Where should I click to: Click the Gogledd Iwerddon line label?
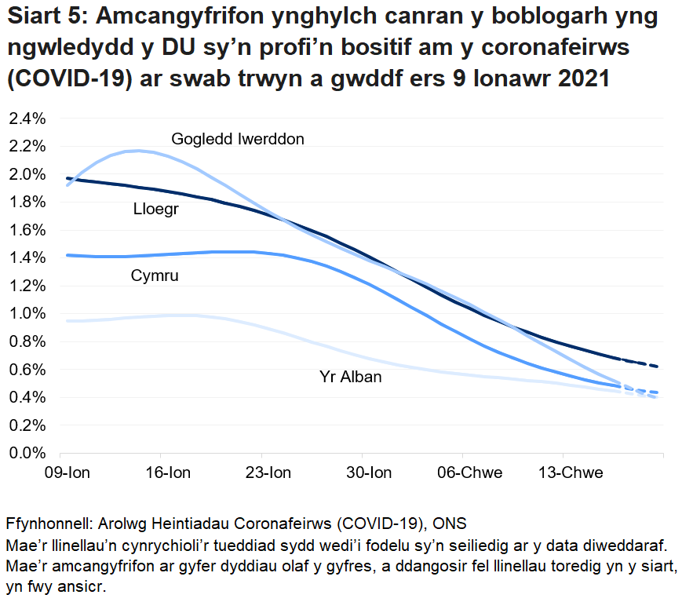pos(238,139)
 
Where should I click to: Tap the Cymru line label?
pos(155,275)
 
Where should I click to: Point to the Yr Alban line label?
pos(350,377)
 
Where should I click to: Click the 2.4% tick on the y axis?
pos(27,119)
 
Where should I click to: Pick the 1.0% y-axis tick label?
pos(27,314)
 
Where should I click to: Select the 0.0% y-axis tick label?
pos(27,453)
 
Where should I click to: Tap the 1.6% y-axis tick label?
pos(27,230)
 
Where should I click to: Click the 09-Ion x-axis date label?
pos(69,472)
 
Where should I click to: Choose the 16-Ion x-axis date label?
pos(170,472)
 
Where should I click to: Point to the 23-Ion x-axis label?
pos(270,472)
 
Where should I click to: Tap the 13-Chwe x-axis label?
pos(571,472)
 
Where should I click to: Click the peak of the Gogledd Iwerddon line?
pos(137,151)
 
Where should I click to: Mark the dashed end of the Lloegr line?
pos(645,363)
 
